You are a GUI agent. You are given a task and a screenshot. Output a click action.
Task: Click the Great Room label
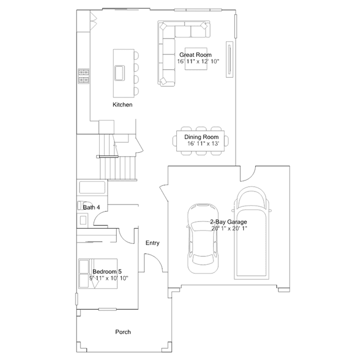(195, 55)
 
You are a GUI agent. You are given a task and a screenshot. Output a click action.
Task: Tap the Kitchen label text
(122, 105)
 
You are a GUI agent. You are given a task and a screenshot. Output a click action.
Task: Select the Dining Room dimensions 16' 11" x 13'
(203, 144)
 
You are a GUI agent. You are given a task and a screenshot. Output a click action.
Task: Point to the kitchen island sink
(119, 73)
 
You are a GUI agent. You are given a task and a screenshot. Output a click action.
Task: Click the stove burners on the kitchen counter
(83, 76)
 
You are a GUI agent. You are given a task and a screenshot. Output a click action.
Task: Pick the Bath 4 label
(91, 207)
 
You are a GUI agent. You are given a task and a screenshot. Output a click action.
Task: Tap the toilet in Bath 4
(81, 205)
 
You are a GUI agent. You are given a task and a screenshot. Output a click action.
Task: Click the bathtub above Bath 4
(92, 188)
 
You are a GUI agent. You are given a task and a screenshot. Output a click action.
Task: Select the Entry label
(153, 243)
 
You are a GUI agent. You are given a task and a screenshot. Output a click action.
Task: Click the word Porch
(123, 332)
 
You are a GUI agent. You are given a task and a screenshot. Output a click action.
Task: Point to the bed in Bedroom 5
(98, 274)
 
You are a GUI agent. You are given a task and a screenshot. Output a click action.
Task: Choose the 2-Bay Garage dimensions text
(229, 228)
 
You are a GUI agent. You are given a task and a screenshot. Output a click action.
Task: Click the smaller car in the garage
(203, 238)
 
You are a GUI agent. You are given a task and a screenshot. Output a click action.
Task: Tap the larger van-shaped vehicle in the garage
(252, 233)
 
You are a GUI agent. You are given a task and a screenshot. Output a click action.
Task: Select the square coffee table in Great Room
(196, 59)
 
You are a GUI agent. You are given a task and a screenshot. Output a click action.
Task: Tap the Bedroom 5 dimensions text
(109, 278)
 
